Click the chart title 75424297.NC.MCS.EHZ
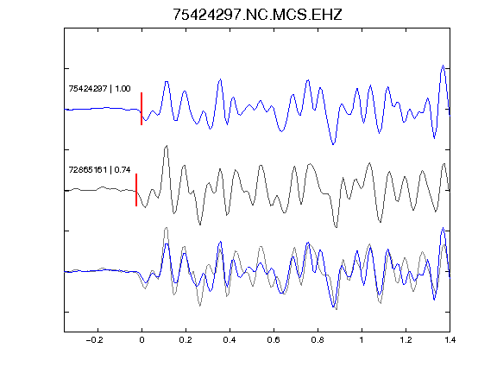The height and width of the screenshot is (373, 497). (257, 15)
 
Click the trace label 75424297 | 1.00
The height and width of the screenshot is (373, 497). (99, 88)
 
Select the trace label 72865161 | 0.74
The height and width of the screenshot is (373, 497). (99, 170)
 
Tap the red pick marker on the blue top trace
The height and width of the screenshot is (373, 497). (142, 109)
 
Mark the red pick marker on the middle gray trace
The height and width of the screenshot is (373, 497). (136, 190)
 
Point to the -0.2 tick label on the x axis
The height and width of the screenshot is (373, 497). (95, 340)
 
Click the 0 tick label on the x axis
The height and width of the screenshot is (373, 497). (142, 340)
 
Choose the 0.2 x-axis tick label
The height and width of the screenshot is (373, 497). (186, 340)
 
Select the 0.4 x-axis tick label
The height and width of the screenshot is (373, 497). (230, 340)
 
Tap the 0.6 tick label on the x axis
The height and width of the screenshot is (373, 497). (274, 340)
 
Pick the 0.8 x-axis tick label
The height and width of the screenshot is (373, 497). (318, 340)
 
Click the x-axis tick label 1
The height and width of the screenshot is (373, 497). (362, 340)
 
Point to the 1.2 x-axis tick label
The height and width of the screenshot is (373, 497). (406, 340)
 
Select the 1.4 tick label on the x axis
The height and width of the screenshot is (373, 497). (450, 340)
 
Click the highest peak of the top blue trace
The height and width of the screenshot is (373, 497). (444, 66)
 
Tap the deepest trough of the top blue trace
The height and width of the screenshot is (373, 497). (333, 144)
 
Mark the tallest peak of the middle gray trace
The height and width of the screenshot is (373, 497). (166, 146)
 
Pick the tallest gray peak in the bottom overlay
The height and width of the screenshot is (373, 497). (166, 228)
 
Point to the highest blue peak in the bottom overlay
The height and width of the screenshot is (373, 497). (444, 228)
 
